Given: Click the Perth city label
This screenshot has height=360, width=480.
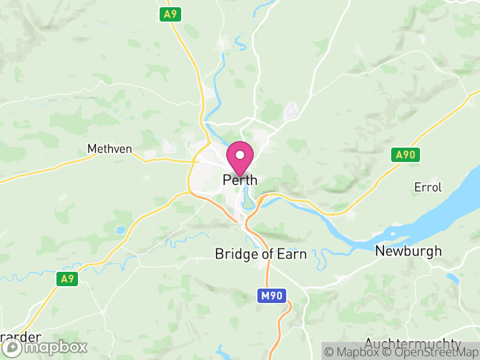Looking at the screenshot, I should point(240,179).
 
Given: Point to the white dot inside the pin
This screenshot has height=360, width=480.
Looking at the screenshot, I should point(240,155).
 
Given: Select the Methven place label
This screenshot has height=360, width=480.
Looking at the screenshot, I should point(109,148).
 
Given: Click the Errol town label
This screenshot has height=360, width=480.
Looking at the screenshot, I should point(428,187).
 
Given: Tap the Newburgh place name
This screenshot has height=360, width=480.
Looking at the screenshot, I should point(408,251).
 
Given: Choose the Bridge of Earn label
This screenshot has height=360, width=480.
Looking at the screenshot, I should point(261,254).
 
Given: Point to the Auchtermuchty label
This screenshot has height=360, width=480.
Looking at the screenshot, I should point(413,344).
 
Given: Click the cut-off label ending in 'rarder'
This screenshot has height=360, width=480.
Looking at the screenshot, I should point(20,337).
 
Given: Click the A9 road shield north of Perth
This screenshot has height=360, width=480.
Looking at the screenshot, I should point(170,14).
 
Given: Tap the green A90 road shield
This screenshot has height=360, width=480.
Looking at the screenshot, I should point(406,155).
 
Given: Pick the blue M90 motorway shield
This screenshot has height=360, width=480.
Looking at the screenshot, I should point(272,295).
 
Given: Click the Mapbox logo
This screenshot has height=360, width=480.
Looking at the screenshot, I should point(45,347).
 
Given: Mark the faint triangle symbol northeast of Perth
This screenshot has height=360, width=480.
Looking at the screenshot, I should point(291,110).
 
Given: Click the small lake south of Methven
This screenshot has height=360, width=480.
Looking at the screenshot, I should point(121,229).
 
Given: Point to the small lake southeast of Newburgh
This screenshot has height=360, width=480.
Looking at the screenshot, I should point(453,278).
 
